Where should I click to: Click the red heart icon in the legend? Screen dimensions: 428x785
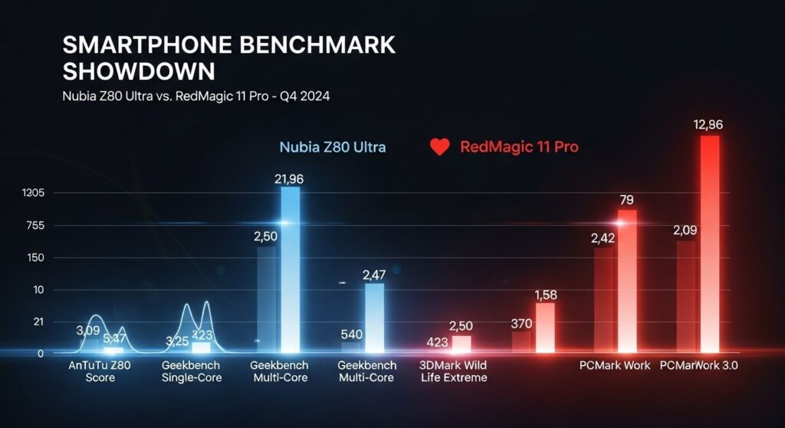click(439, 147)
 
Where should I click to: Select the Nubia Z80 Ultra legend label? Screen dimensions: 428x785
click(332, 147)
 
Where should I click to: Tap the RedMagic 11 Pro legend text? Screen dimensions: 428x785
click(519, 147)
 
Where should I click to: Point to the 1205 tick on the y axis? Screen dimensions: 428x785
click(34, 193)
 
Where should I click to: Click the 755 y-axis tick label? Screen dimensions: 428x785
click(34, 225)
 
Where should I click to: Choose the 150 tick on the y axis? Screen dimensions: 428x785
click(34, 258)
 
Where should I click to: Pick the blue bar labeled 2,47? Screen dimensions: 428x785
click(374, 318)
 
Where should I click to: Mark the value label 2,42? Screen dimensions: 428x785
click(604, 238)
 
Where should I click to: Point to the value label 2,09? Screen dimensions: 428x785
click(685, 230)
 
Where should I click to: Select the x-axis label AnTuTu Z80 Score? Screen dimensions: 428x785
click(100, 371)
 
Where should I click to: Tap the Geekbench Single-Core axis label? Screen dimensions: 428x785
click(191, 371)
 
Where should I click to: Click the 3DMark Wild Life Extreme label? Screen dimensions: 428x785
click(454, 371)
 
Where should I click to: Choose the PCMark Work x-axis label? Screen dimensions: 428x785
click(615, 365)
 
